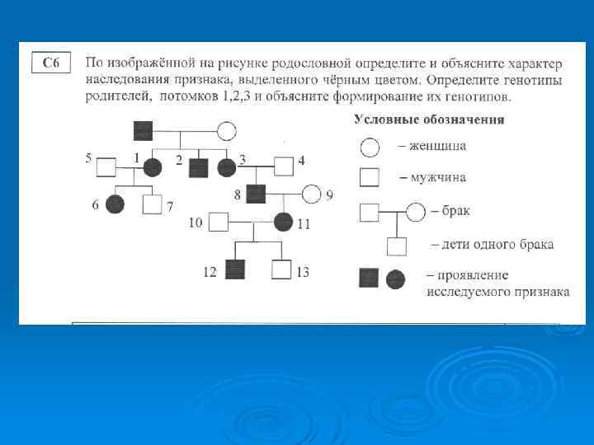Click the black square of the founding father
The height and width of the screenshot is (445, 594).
tap(144, 130)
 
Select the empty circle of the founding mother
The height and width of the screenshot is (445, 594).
tap(226, 130)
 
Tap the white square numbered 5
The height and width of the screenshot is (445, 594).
tap(106, 167)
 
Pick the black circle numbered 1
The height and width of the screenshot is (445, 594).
tap(152, 167)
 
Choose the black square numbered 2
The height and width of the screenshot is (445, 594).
tap(198, 167)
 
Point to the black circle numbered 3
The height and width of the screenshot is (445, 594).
tap(227, 167)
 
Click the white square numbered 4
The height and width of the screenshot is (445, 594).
tap(284, 166)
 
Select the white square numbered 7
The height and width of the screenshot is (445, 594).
tap(152, 204)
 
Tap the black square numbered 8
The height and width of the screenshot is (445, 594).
tap(256, 195)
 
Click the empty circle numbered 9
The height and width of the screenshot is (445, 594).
tap(311, 195)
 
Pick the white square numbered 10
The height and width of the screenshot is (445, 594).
tap(218, 222)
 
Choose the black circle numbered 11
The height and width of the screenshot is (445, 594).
tap(283, 222)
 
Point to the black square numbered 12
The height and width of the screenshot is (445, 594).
tap(236, 269)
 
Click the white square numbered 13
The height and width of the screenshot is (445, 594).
tap(282, 269)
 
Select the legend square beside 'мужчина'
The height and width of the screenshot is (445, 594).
tap(370, 177)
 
